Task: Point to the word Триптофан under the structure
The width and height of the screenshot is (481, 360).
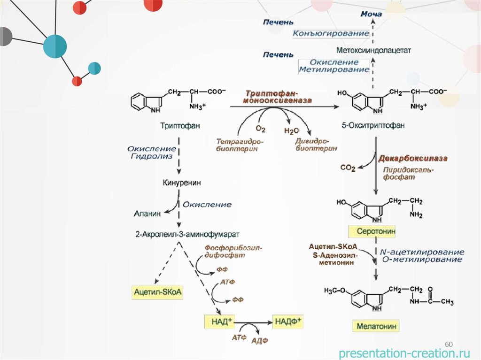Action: tap(180, 125)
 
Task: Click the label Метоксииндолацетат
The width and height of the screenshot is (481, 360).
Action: tap(374, 50)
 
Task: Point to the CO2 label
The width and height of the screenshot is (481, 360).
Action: tap(348, 168)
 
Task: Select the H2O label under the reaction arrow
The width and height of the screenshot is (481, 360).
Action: tap(291, 131)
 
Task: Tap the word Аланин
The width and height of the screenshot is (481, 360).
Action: tap(147, 213)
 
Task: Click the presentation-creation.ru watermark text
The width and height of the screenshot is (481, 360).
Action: tap(404, 352)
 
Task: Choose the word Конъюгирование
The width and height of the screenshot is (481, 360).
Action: tap(331, 34)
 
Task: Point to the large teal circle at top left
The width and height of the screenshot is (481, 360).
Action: tap(55, 46)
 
